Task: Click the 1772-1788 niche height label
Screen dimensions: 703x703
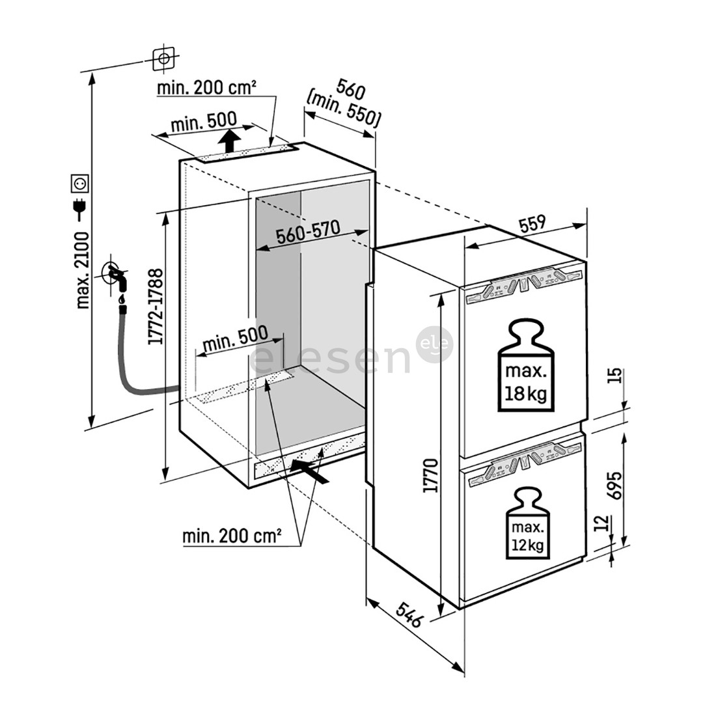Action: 154,307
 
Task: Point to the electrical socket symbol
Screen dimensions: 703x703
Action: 79,184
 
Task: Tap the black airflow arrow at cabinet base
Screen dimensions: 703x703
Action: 309,470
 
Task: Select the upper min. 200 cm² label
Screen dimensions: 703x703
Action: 206,87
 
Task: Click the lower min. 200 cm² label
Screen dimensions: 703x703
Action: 232,536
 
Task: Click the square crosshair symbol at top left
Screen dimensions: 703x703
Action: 163,59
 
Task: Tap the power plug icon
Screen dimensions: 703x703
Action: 80,208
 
